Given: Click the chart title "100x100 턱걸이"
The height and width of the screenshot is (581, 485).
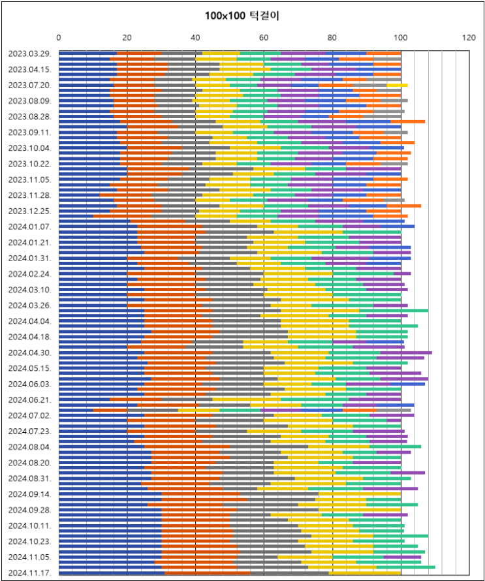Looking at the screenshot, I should [x=242, y=16].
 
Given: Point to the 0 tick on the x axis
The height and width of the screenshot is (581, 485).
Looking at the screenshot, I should [x=59, y=38].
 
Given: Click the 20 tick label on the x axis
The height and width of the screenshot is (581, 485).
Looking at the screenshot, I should [x=127, y=38].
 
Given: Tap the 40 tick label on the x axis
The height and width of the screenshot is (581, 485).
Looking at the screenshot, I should [x=196, y=38].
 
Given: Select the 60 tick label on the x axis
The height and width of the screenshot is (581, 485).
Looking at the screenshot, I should [x=264, y=38].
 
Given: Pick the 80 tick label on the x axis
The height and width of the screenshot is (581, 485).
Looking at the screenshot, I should [x=332, y=38].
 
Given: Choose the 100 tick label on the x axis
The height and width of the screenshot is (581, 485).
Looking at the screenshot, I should [x=400, y=38].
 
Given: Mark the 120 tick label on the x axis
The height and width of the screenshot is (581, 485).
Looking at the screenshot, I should [x=469, y=38].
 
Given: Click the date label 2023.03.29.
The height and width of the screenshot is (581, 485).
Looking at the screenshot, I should [x=30, y=54].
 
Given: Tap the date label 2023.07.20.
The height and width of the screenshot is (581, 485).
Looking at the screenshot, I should [x=30, y=85].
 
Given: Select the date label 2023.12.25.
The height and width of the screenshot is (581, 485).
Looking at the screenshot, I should [x=30, y=211].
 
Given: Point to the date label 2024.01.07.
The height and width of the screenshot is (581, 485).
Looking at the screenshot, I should [x=30, y=227].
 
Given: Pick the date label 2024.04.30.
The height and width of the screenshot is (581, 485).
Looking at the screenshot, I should [x=30, y=353].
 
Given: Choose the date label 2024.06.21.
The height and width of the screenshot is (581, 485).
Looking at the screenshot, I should [x=30, y=400].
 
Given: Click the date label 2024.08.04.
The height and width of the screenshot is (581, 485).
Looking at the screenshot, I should [x=30, y=447].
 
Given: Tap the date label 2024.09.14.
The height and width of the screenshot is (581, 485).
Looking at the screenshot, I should [x=30, y=494].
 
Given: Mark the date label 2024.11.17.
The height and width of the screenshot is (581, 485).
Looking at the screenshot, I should [x=30, y=573].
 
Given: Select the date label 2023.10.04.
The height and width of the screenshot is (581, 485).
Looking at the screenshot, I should [x=30, y=148].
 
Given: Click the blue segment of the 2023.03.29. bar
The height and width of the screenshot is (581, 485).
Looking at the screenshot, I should [x=87, y=54].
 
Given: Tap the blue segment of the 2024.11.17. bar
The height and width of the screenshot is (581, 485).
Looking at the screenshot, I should [x=111, y=573].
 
